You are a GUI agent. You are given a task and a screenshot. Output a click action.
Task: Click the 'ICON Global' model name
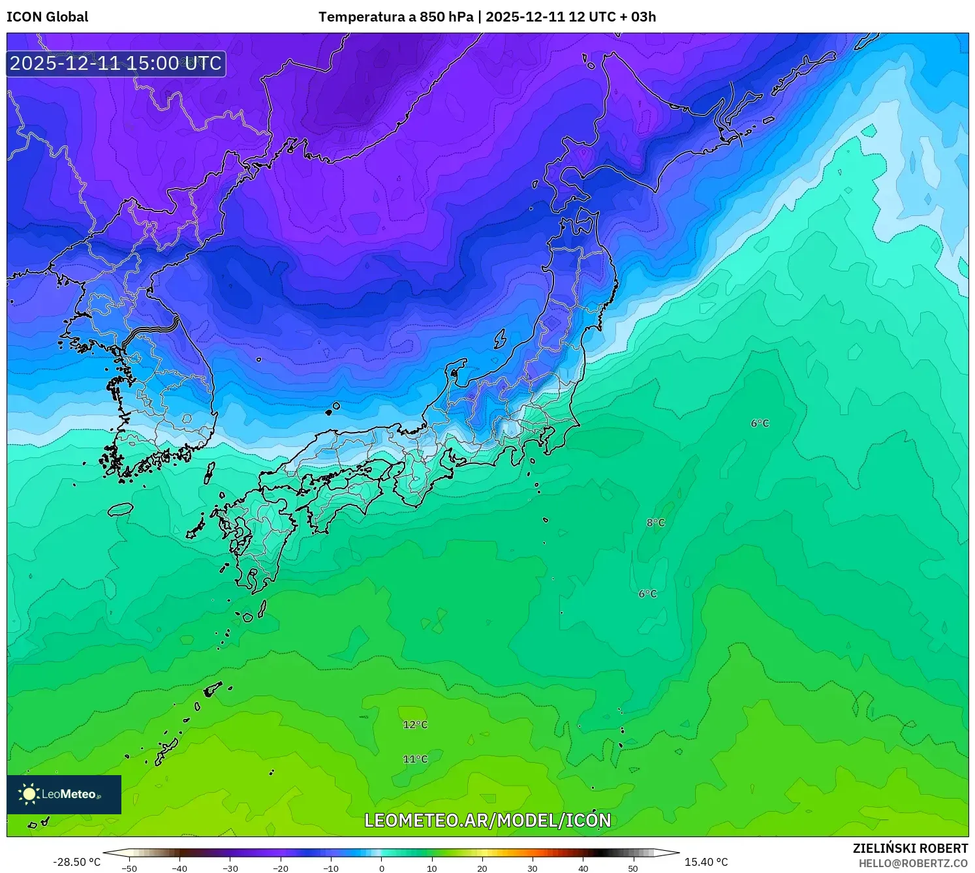[47, 17]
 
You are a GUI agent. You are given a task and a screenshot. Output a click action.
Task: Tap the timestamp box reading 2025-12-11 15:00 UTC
[116, 63]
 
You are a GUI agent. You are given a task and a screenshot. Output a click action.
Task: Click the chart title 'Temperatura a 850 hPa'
[395, 17]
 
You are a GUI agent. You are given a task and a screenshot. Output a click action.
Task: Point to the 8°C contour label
[655, 523]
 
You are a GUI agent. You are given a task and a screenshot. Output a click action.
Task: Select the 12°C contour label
[415, 725]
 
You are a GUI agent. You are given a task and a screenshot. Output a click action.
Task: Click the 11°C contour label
[415, 759]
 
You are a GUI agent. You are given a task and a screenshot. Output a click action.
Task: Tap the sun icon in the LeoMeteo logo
[29, 793]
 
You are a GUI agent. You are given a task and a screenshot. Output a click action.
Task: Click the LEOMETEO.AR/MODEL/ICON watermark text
[487, 820]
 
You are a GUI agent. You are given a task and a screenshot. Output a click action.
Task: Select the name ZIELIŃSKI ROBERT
[910, 848]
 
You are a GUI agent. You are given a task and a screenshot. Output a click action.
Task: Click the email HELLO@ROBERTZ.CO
[913, 863]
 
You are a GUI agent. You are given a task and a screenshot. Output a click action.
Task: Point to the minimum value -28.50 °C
[77, 862]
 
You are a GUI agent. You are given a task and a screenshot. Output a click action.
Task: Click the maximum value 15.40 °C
[706, 862]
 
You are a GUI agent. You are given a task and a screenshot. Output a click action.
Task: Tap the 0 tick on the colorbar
[382, 868]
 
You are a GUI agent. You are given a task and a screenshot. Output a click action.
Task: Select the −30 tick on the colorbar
[230, 868]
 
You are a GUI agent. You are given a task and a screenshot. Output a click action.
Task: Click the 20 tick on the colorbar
[482, 868]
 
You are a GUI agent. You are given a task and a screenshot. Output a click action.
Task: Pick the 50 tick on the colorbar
[633, 868]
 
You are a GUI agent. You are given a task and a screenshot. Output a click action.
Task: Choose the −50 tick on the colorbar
[129, 868]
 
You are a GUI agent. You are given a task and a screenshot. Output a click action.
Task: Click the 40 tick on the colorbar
[583, 868]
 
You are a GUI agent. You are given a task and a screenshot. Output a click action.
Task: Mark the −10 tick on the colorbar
[331, 868]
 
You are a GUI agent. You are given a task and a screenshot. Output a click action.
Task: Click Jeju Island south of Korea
[120, 508]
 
